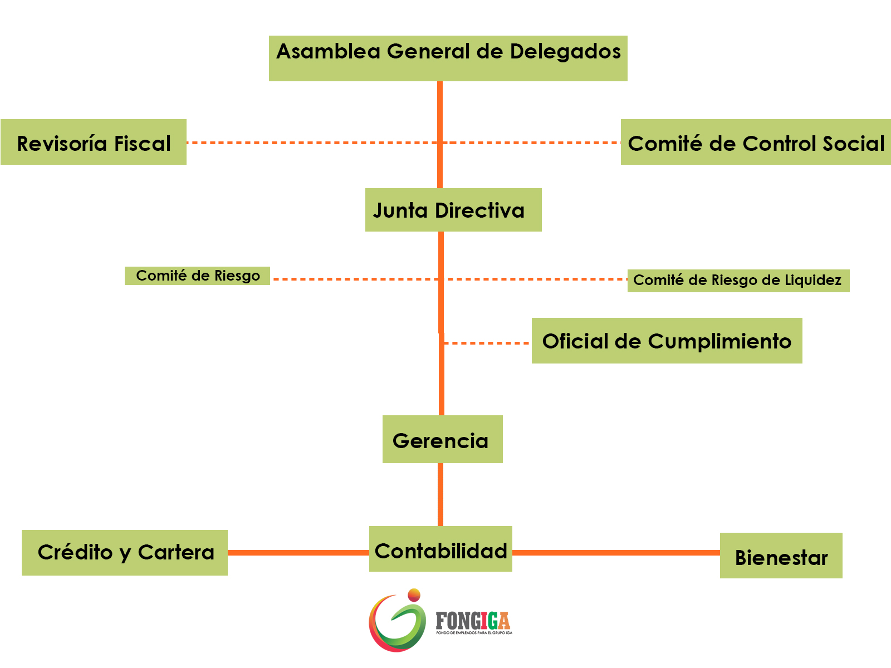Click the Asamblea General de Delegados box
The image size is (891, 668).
tap(448, 58)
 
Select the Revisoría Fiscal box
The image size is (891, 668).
tap(94, 142)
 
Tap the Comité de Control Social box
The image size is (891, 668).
tap(756, 142)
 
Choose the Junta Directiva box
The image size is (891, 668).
tap(453, 210)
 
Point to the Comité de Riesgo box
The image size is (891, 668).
tap(197, 276)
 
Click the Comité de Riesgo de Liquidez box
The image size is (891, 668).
tap(738, 281)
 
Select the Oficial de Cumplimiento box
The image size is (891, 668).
tap(667, 341)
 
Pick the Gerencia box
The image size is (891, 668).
tap(442, 439)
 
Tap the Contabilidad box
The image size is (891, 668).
tap(440, 549)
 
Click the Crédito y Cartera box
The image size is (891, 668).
tap(125, 552)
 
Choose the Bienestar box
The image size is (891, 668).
tap(781, 556)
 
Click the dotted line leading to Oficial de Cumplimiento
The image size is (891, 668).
tap(487, 343)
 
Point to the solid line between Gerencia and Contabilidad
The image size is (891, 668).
tap(440, 494)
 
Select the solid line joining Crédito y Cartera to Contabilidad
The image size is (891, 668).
tap(298, 553)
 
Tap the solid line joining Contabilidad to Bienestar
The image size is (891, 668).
tap(615, 553)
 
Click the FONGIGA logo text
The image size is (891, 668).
tap(473, 621)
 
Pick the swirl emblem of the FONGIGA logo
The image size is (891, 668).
tap(397, 621)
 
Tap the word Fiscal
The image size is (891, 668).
tap(143, 144)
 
